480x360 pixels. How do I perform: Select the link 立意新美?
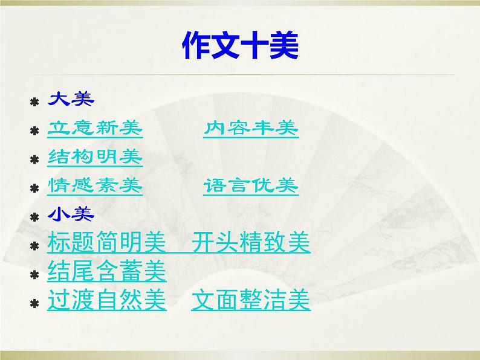(x=95, y=129)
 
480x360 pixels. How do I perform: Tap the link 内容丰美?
(x=251, y=129)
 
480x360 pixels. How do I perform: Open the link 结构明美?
(x=95, y=158)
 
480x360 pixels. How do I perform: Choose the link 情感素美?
(x=95, y=186)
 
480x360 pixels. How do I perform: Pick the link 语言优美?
(x=251, y=186)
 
